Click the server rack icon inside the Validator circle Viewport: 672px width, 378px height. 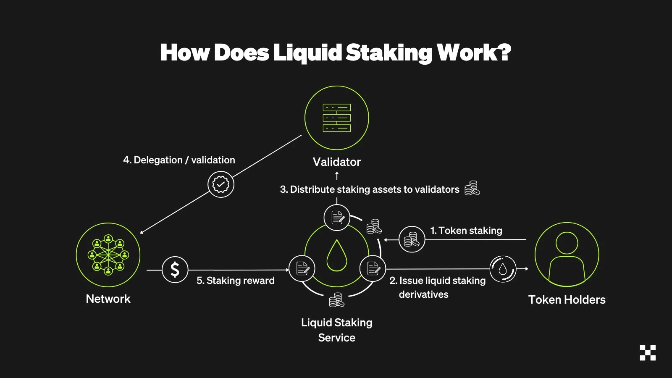click(x=336, y=118)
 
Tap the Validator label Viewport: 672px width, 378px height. click(x=336, y=162)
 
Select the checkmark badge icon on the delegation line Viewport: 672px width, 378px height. click(x=221, y=184)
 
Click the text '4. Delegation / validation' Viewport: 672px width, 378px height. click(x=179, y=160)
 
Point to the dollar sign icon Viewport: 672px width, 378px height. click(x=175, y=270)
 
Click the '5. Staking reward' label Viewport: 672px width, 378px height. click(x=235, y=281)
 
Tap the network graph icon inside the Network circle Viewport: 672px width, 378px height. click(x=108, y=255)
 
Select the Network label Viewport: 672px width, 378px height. click(x=108, y=299)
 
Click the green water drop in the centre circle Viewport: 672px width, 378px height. click(x=336, y=255)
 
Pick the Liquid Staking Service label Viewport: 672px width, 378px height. click(x=336, y=330)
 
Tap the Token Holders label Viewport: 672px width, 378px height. click(x=567, y=299)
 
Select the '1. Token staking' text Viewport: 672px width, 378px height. click(x=466, y=231)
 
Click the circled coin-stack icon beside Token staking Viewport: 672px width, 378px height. click(x=412, y=239)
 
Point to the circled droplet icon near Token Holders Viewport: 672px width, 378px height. click(x=503, y=269)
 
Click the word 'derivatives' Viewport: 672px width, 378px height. click(x=423, y=294)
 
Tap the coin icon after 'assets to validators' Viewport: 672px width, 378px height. click(x=472, y=188)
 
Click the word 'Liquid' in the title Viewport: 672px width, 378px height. click(x=307, y=53)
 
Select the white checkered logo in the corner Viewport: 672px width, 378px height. click(x=648, y=352)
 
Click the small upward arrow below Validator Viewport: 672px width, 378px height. click(x=336, y=176)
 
